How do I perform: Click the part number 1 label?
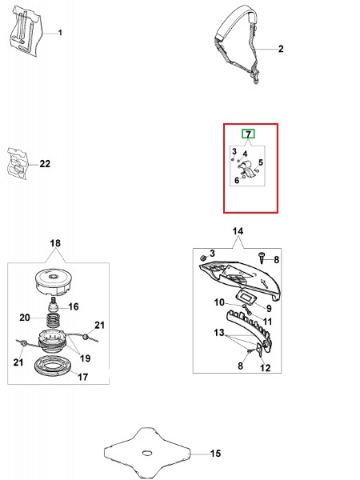click(x=60, y=33)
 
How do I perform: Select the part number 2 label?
click(x=281, y=49)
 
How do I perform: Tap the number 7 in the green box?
click(x=248, y=134)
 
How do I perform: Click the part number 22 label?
click(x=45, y=164)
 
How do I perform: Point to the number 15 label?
click(x=215, y=454)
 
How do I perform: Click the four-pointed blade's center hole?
click(x=147, y=452)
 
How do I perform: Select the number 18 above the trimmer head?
click(x=55, y=243)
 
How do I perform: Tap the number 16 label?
click(x=74, y=306)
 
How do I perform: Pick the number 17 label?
click(x=82, y=377)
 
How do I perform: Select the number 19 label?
click(x=85, y=358)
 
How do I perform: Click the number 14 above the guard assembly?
click(x=238, y=231)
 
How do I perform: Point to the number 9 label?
click(x=269, y=308)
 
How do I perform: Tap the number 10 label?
click(x=219, y=302)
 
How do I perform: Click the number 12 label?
click(x=265, y=368)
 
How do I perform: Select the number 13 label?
click(x=219, y=333)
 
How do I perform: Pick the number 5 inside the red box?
click(x=261, y=162)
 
